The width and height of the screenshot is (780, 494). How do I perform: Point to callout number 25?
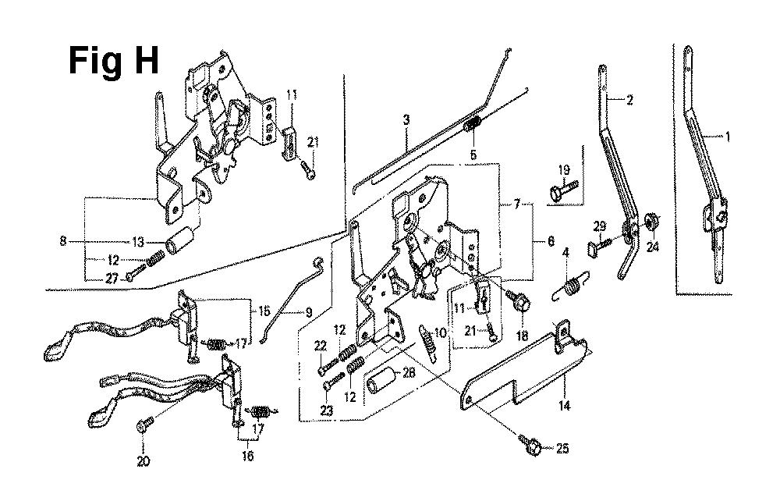coord(563,448)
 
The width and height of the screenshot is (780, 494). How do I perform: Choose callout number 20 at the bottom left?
coord(142,460)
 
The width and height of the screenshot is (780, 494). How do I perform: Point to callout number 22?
coord(320,347)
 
